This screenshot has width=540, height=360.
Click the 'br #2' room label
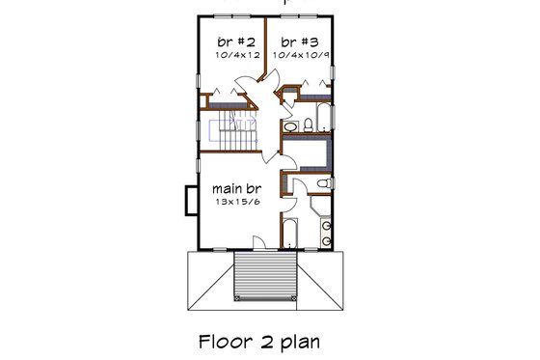point(235,42)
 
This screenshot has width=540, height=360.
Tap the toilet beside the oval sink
point(307,123)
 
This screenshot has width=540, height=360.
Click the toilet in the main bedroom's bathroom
point(325,183)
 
